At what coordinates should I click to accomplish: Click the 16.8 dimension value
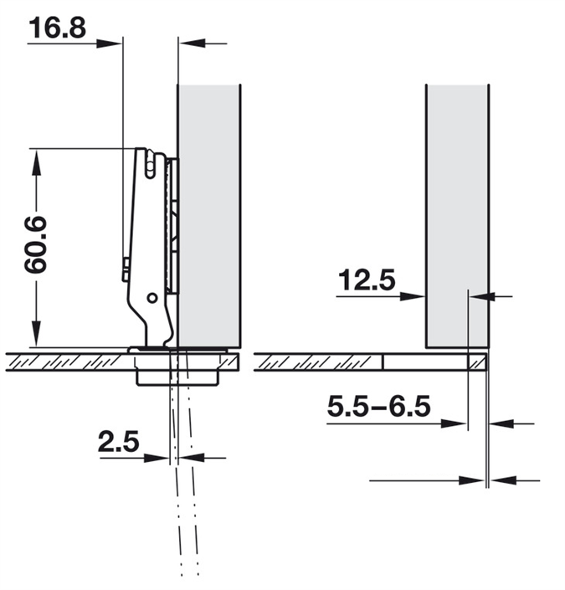[x=56, y=28]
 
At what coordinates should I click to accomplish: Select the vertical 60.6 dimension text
[x=35, y=245]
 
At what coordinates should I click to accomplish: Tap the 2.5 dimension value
[x=117, y=442]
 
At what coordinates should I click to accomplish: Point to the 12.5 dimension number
[x=366, y=280]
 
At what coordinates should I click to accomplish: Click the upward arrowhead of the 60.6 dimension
[x=35, y=160]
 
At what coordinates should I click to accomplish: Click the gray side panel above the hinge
[x=209, y=209]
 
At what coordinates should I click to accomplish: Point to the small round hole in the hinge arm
[x=152, y=298]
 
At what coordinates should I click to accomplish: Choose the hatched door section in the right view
[x=318, y=362]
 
